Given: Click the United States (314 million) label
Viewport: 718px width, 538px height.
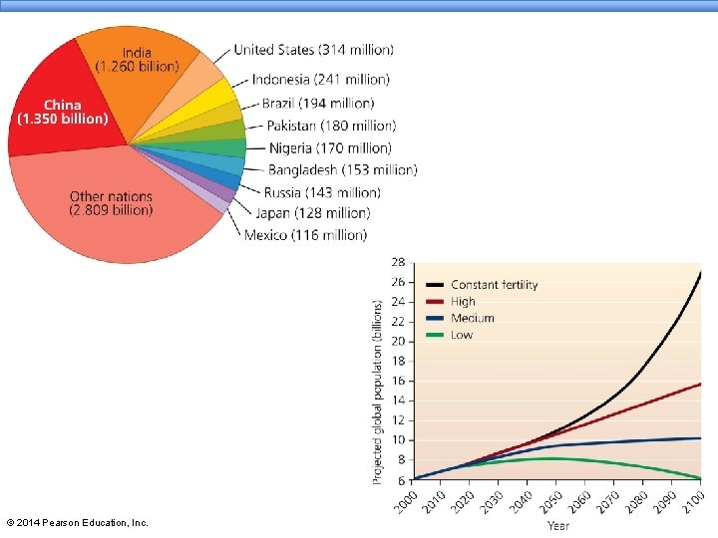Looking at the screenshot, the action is pos(314,50).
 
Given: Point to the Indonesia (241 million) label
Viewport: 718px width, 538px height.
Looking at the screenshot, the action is pos(320,79).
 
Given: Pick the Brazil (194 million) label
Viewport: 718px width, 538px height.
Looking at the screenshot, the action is pos(318,103).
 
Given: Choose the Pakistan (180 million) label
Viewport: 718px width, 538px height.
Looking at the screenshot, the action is pos(331,126).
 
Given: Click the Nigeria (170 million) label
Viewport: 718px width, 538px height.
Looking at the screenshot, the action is pos(330,147).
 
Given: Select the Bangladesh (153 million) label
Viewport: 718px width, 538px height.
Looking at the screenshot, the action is pos(342,169).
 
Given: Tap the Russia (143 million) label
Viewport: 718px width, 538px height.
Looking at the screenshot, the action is pos(322,192).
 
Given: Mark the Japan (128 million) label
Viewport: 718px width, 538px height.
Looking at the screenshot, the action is pos(313,213).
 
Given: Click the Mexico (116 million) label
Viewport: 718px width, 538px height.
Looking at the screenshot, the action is pos(305,235).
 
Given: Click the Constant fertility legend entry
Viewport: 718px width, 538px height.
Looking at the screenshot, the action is pos(482,285).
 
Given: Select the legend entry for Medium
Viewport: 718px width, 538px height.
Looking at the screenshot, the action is pos(460,318).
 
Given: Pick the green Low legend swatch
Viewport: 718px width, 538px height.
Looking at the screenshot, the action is pos(435,335).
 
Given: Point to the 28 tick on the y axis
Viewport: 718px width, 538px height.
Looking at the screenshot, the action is pos(398,263).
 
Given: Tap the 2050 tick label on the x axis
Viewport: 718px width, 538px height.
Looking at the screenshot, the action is pos(551,502).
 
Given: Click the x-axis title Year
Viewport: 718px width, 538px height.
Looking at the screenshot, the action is pos(558,526).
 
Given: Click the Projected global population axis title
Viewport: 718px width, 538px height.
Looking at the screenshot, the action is pos(377,393).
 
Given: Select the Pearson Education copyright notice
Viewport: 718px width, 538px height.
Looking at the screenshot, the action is pos(78,522).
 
